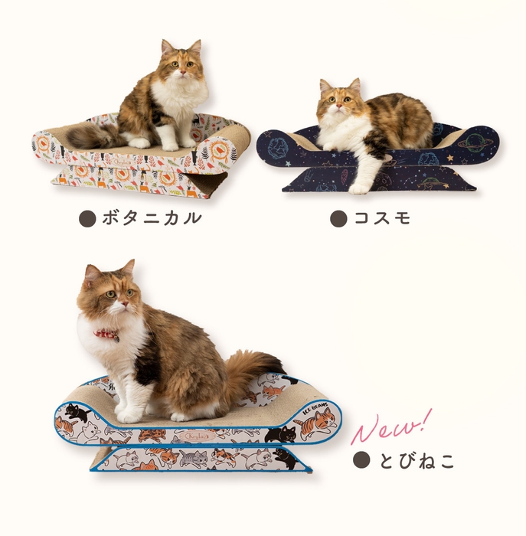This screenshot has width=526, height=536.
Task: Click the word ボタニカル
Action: tap(152, 218)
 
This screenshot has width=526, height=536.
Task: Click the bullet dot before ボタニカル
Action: tap(88, 218)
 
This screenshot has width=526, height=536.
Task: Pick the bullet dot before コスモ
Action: tap(338, 218)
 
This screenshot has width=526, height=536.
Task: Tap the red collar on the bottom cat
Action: tap(107, 335)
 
